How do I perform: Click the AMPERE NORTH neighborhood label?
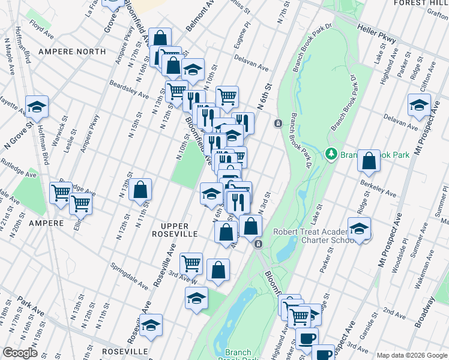click(x=72, y=52)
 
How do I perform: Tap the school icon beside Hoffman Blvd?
click(x=37, y=107)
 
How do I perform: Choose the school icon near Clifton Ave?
click(x=419, y=105)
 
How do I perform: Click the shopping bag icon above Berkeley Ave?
click(x=369, y=161)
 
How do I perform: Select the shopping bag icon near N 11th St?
click(x=140, y=190)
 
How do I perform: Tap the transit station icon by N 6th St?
click(x=279, y=124)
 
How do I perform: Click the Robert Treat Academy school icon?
click(x=359, y=229)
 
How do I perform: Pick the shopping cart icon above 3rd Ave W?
click(x=191, y=262)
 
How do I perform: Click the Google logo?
click(x=20, y=353)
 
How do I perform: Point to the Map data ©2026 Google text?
click(x=412, y=355)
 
